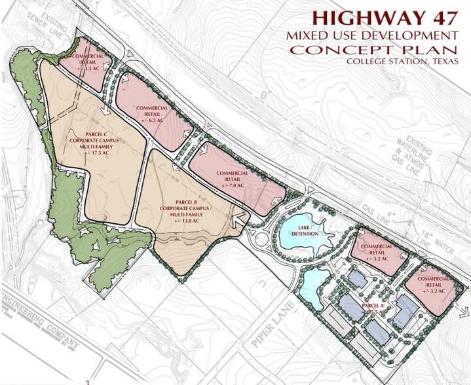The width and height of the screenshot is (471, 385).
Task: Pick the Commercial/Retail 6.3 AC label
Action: pos(152,113)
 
